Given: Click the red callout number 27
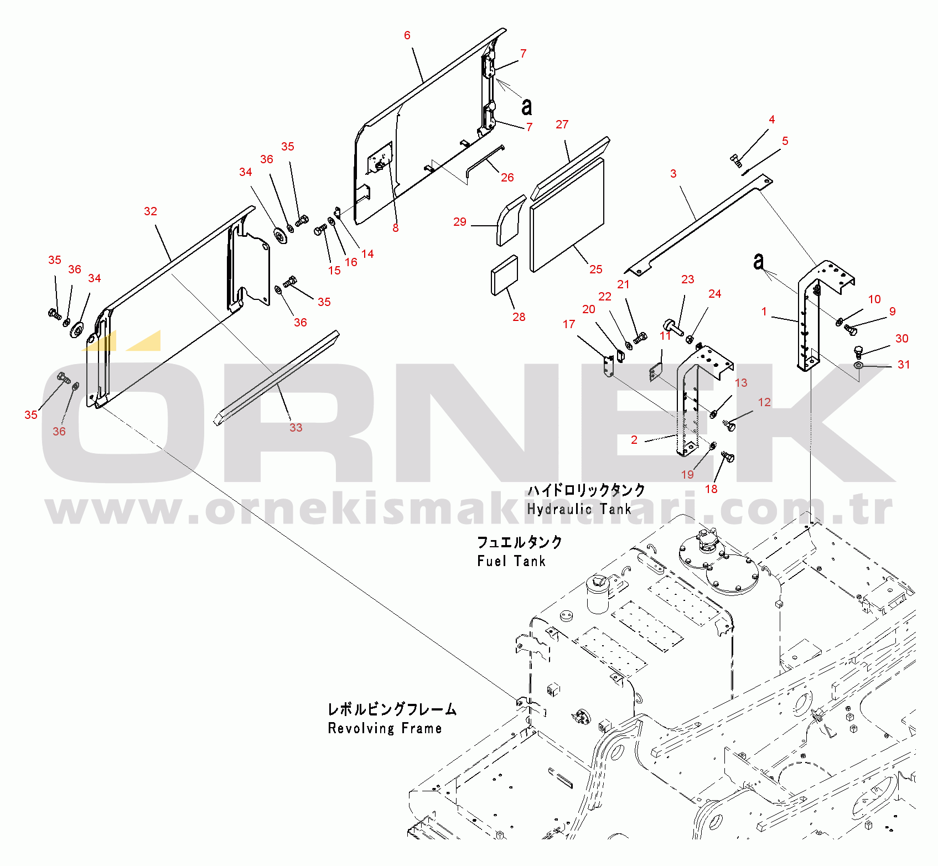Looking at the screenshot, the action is pos(562,125).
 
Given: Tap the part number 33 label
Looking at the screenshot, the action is pos(296,428).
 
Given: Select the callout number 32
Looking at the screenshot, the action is pos(151,211).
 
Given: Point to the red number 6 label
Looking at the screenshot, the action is pos(407,35).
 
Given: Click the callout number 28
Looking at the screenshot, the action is pos(519,317).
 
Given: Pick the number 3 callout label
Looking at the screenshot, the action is pos(673,174).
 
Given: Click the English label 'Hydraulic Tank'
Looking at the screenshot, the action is pos(579,509).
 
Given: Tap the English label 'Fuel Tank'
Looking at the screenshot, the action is pos(511,561).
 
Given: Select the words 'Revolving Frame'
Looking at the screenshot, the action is pos(385,728).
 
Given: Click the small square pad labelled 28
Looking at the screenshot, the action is pos(504,276).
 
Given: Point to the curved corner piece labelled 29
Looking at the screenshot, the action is pos(511,220).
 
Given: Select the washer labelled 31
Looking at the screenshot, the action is pos(858,366).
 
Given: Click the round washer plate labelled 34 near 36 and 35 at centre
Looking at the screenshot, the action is pos(281,235).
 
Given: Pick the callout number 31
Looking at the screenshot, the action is pos(904,365).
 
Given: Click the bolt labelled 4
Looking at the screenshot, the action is pos(737,162).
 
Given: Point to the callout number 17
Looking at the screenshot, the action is pos(569,324).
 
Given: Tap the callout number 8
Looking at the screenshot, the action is pos(396,228).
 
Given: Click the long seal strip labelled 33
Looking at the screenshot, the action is pos(277,378).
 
